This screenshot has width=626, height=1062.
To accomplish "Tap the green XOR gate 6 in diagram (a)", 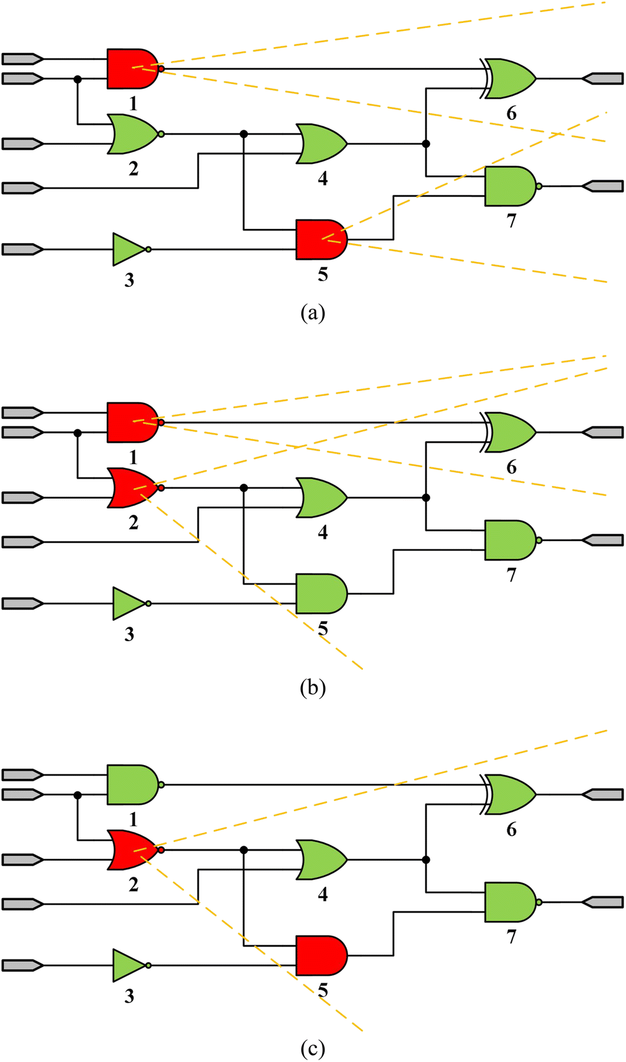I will tap(512, 79).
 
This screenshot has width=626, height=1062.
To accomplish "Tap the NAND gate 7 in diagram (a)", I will tap(510, 187).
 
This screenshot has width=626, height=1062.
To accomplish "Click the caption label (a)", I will tap(312, 313).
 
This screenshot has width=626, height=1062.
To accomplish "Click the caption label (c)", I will tap(312, 1049).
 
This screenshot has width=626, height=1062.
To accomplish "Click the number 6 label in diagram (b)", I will tap(512, 468).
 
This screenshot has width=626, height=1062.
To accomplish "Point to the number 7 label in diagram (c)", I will tap(512, 936).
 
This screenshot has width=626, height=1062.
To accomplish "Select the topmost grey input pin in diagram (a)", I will tap(22, 59).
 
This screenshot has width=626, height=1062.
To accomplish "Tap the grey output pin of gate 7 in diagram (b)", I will tap(603, 540).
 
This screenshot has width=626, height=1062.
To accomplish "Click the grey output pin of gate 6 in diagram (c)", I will tap(603, 794).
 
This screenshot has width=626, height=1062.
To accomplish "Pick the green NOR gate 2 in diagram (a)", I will tap(132, 134).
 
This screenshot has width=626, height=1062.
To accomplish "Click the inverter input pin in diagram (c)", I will tap(22, 966).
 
